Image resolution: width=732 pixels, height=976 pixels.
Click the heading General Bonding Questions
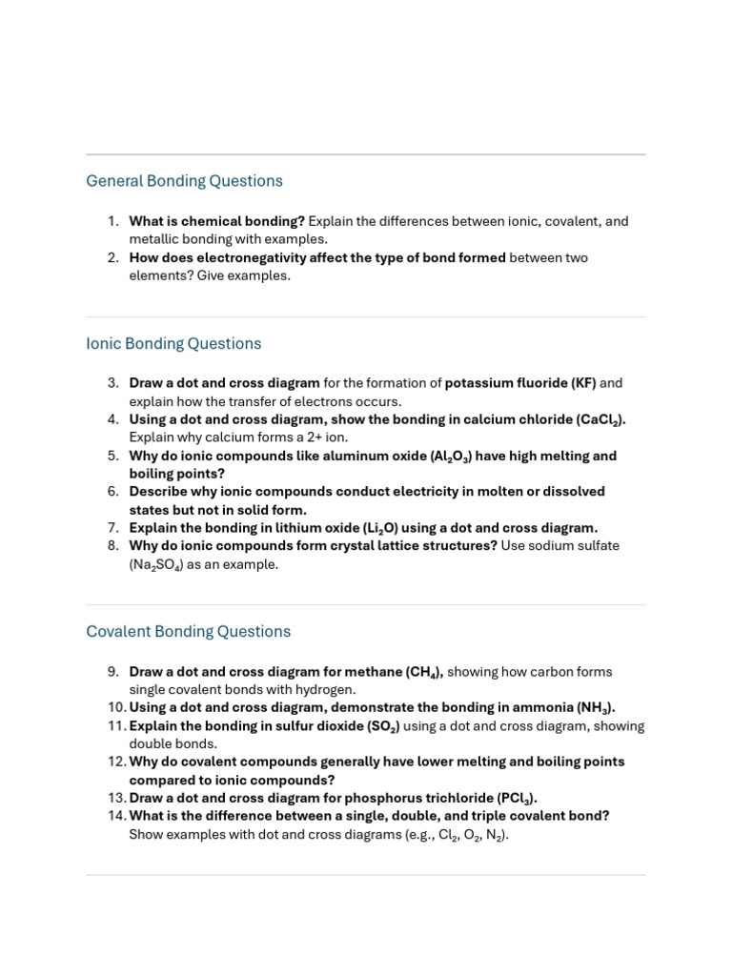coord(184,181)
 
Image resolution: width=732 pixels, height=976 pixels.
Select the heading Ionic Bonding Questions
coord(173,343)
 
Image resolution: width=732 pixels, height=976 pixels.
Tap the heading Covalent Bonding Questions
coord(188,631)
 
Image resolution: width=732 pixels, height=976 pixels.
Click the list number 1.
coord(112,221)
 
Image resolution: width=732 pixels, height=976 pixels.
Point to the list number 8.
coord(112,545)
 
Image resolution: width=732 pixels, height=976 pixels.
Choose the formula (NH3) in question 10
coord(595,707)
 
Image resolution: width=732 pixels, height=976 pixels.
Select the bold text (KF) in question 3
coord(583,383)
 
